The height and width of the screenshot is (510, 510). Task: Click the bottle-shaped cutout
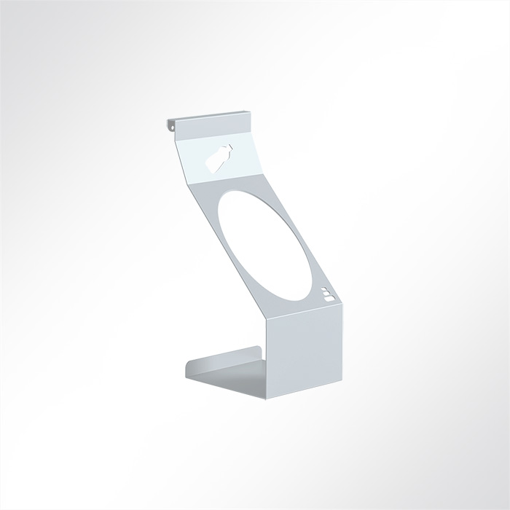219,160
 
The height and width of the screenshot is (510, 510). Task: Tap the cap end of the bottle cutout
227,149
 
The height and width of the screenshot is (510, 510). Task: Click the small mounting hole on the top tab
173,126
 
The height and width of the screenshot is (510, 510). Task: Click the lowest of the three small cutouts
329,299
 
